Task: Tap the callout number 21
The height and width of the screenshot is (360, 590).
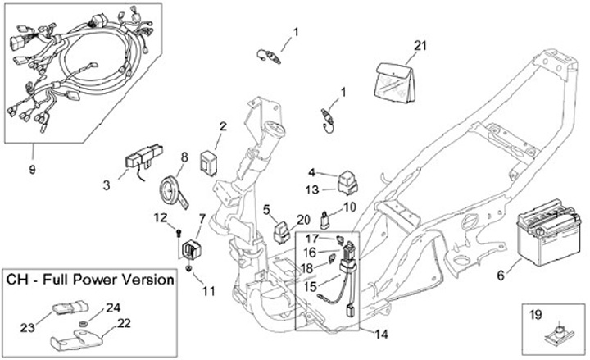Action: click(x=421, y=45)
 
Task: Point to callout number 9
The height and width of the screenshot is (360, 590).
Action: click(x=33, y=171)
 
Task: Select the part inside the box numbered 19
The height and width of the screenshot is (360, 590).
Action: click(x=555, y=331)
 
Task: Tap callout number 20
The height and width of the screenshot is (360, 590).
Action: click(x=303, y=219)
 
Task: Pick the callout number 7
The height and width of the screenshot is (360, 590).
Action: click(x=202, y=218)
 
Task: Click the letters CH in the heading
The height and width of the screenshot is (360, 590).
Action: click(x=19, y=280)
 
